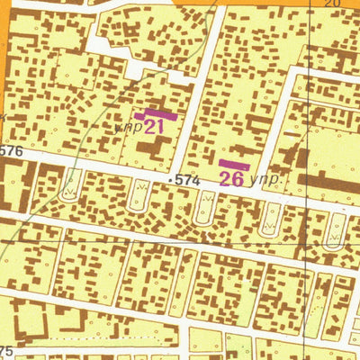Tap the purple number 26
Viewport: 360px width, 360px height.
(x=232, y=178)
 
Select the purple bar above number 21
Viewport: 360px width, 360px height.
(x=156, y=114)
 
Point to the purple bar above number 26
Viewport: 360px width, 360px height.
(x=234, y=165)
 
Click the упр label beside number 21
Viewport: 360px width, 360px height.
(x=129, y=128)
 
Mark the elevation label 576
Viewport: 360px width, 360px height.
(x=11, y=152)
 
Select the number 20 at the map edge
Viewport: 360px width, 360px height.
(x=331, y=4)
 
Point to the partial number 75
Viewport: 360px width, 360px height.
(x=7, y=350)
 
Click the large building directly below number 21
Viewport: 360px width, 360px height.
(x=158, y=150)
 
